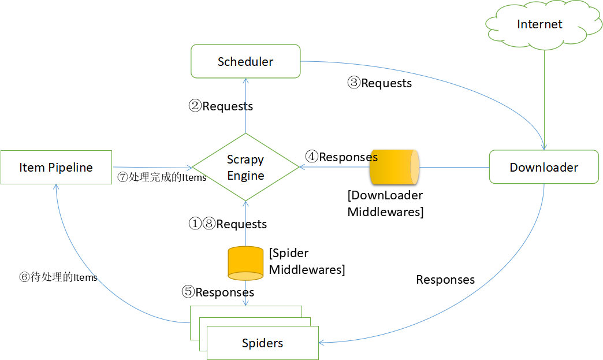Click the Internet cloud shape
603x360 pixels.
click(x=540, y=25)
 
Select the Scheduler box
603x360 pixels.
click(x=245, y=61)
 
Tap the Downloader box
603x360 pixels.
click(x=544, y=168)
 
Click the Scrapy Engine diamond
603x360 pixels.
click(x=245, y=168)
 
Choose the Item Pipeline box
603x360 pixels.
click(x=56, y=168)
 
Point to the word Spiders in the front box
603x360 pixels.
click(x=262, y=343)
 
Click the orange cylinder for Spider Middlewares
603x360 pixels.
click(x=245, y=263)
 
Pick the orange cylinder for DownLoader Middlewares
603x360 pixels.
click(x=393, y=167)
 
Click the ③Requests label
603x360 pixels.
click(x=379, y=83)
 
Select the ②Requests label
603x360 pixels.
click(x=221, y=106)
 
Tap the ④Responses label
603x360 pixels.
click(x=341, y=157)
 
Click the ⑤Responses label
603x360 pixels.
click(x=218, y=292)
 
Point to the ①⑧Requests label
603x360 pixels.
click(x=228, y=224)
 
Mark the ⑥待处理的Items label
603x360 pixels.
click(x=58, y=277)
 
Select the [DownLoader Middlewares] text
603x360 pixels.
click(x=385, y=203)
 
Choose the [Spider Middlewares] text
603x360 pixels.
click(x=307, y=261)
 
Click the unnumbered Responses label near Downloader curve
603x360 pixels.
click(x=445, y=280)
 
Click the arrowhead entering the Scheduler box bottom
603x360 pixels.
click(x=245, y=81)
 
